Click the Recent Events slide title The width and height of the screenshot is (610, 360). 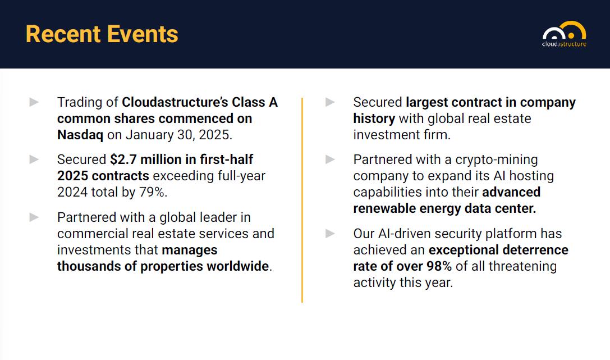(x=102, y=34)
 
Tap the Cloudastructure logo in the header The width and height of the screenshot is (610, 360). (x=565, y=34)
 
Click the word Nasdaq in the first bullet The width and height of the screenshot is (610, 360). (x=80, y=135)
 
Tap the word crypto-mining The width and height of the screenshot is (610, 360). (x=497, y=160)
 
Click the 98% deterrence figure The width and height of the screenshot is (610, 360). (x=439, y=266)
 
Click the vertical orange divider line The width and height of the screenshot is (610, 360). (x=302, y=200)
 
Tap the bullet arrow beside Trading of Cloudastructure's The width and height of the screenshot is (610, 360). (x=34, y=102)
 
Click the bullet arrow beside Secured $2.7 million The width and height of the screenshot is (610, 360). (x=34, y=159)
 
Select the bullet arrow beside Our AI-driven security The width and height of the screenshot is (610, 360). (x=331, y=234)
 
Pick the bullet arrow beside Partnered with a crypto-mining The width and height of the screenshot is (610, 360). (x=331, y=159)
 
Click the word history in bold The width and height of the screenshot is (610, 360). (x=374, y=119)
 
